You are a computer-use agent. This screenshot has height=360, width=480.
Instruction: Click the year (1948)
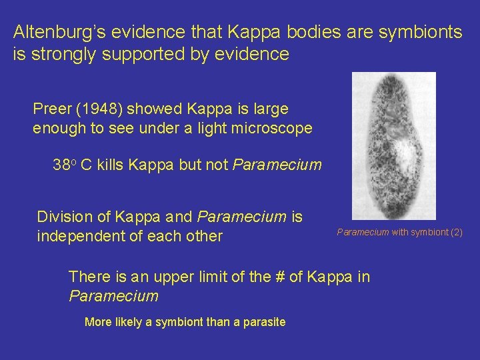tap(99, 108)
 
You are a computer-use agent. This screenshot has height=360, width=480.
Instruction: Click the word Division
tap(65, 217)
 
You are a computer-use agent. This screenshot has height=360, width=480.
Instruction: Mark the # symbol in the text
tap(278, 277)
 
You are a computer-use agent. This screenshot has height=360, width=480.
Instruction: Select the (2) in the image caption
tap(456, 232)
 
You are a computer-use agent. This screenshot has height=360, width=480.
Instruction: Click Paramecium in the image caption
tap(363, 232)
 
